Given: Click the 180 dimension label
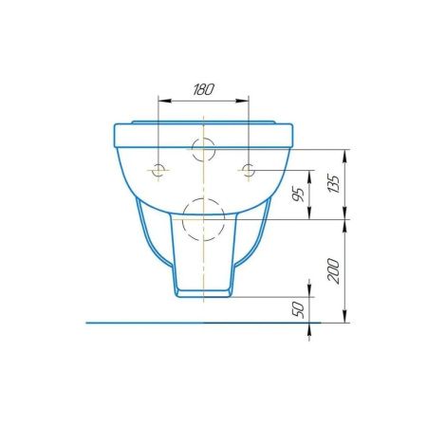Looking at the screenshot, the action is pos(203,90).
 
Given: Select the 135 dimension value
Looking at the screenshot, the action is pos(334,183).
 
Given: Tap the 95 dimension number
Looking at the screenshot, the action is pos(298,195).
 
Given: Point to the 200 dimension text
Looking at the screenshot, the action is pos(334,270).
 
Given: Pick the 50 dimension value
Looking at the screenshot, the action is pos(298,309).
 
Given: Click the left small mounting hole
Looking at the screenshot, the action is pos(158,170).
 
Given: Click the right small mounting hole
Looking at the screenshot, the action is pos(249,170).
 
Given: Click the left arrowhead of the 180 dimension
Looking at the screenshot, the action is pos(164,101).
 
